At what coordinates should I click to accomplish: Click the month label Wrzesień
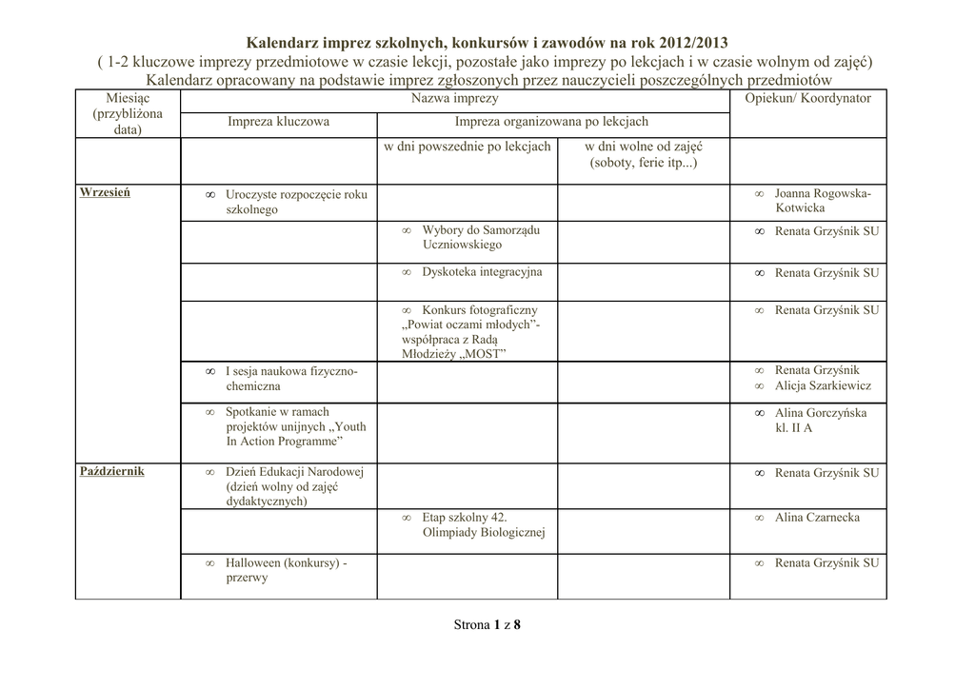(105, 192)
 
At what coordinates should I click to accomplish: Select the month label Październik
(112, 471)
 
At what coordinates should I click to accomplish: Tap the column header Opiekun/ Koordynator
(807, 98)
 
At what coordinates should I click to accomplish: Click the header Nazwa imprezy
(454, 98)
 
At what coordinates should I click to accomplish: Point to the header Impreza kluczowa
(278, 122)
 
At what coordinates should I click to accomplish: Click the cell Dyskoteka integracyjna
(481, 272)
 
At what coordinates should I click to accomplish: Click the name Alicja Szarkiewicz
(823, 385)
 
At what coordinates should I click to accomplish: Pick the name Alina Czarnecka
(817, 517)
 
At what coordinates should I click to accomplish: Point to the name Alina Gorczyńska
(820, 413)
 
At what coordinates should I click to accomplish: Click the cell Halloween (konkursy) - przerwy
(285, 570)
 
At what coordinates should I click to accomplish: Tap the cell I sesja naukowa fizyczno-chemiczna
(290, 379)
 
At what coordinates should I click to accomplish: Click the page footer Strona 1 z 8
(487, 625)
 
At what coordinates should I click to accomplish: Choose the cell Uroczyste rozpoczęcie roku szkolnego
(295, 202)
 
